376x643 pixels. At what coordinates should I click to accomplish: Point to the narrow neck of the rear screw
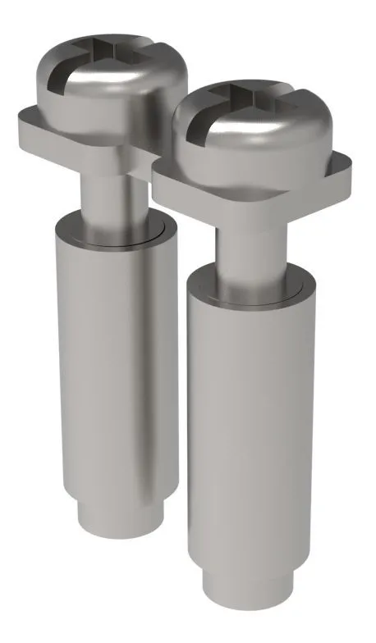point(107,189)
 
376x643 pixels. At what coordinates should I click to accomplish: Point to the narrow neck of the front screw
point(246,246)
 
